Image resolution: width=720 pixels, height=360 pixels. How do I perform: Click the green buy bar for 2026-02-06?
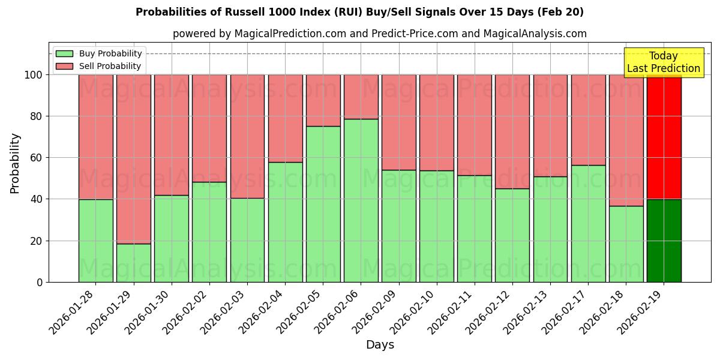(361, 200)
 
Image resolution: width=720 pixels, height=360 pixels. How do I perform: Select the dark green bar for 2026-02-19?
(664, 241)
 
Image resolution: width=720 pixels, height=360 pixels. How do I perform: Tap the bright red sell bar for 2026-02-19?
(664, 137)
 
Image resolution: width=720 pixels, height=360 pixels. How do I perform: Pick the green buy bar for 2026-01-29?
(133, 263)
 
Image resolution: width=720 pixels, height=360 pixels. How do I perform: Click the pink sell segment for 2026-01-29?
(133, 159)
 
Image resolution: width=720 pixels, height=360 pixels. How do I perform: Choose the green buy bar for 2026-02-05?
(323, 204)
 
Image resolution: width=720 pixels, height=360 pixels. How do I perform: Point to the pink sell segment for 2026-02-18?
(626, 140)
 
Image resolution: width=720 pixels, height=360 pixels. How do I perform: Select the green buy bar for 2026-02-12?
(512, 235)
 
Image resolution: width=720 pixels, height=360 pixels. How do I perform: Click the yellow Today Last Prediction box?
(663, 62)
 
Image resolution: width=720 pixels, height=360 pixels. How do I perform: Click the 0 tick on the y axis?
(39, 282)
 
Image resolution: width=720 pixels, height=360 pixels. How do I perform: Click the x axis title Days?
(380, 345)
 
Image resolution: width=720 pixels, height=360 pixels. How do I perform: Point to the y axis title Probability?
(15, 163)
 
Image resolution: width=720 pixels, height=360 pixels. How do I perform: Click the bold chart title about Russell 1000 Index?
(359, 12)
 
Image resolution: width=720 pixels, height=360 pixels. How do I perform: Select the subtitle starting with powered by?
(379, 34)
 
